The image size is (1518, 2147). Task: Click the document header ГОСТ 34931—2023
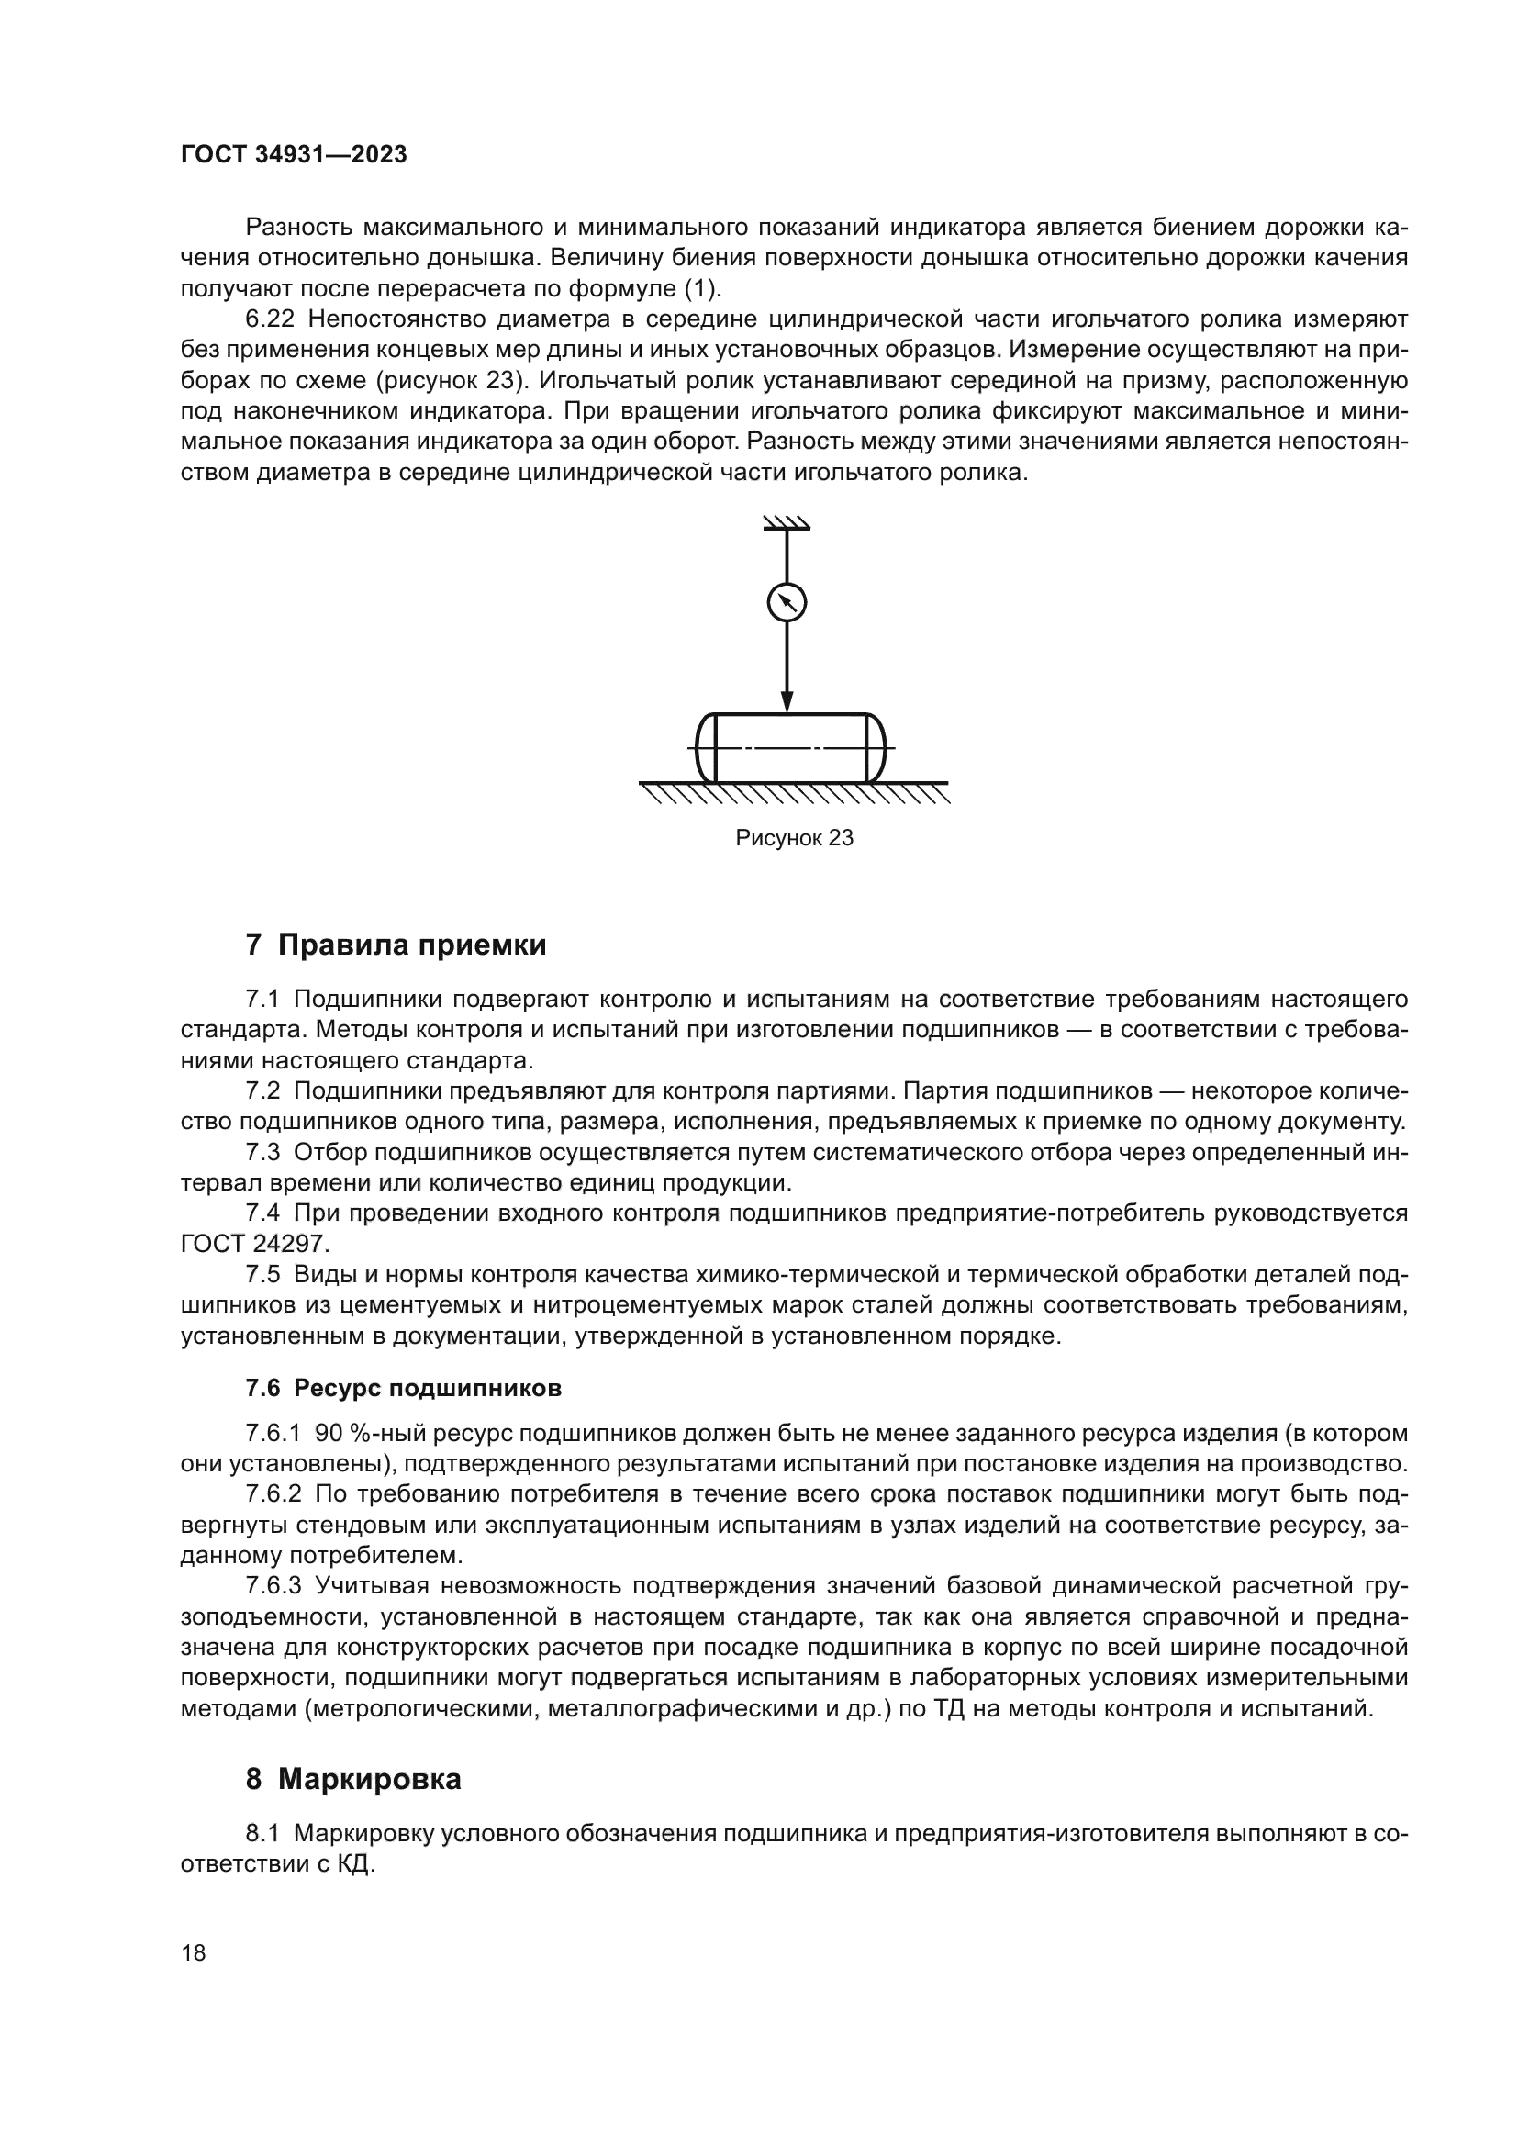pos(294,155)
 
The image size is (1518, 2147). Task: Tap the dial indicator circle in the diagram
pos(787,602)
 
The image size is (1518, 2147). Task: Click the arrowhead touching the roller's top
pos(787,702)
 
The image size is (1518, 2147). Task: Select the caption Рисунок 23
pos(794,838)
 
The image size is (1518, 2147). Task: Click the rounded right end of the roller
pos(875,748)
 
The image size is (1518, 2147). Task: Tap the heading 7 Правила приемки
pos(396,945)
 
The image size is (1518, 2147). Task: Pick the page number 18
pos(194,1952)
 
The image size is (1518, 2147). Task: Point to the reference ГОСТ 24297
pos(254,1245)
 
